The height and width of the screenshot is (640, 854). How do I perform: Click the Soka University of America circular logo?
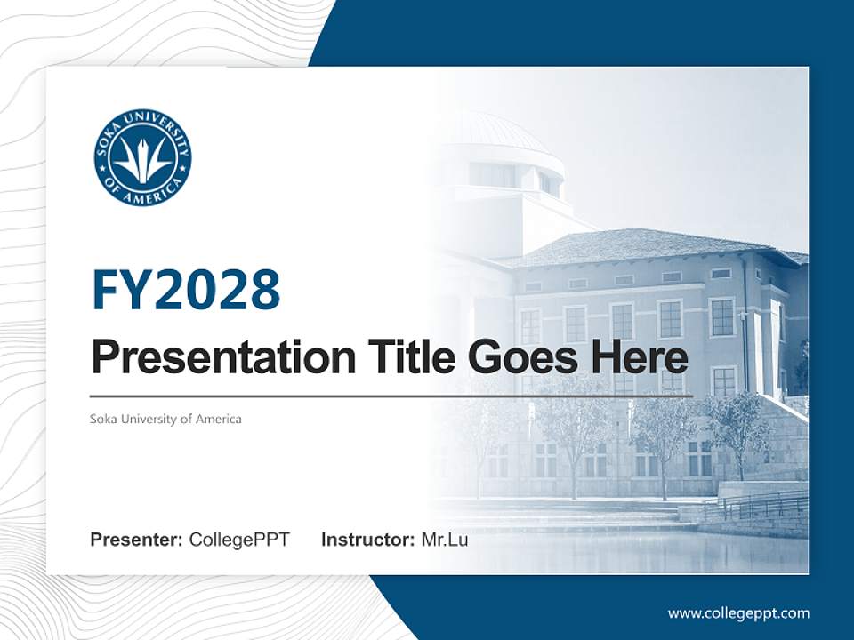(x=142, y=158)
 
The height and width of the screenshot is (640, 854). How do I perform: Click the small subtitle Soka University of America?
(x=165, y=419)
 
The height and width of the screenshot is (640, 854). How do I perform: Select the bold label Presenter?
(x=137, y=540)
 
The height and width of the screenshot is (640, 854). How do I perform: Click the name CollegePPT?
(x=239, y=540)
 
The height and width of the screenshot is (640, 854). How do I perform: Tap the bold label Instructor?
(x=367, y=540)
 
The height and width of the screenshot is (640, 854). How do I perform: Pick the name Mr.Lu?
(x=445, y=540)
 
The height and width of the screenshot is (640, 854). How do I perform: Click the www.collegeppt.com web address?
(x=738, y=612)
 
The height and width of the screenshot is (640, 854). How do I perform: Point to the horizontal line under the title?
(x=391, y=396)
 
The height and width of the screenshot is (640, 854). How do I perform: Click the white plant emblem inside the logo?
(x=142, y=160)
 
